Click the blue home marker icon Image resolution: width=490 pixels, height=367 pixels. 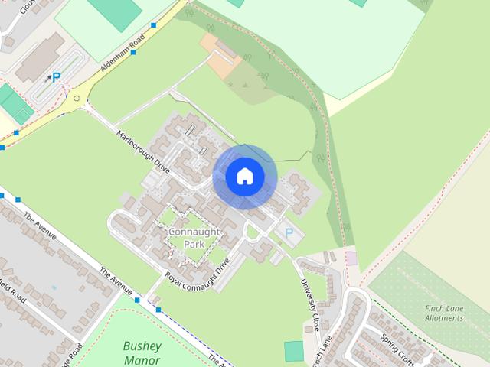[244, 176]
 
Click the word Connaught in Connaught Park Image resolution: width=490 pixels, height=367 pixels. [194, 231]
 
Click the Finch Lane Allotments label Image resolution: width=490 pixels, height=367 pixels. [444, 313]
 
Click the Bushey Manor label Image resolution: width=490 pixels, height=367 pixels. [142, 353]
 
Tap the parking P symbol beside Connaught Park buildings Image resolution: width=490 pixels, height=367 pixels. [289, 232]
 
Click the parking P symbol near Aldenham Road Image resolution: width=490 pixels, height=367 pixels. [56, 76]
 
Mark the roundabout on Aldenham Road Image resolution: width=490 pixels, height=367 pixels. [77, 99]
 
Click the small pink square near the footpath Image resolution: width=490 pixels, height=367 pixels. [351, 258]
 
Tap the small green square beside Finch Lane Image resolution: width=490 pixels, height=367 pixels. [294, 352]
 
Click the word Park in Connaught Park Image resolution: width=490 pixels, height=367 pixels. [194, 244]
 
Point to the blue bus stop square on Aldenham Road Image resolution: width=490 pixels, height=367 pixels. [154, 25]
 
